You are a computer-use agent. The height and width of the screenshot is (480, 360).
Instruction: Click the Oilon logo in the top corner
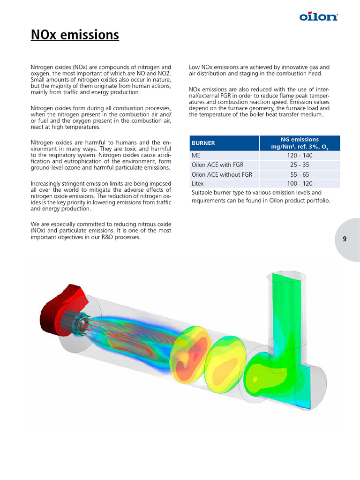319,17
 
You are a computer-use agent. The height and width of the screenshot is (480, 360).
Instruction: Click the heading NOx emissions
75,35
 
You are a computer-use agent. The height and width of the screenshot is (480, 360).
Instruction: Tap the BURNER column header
202,143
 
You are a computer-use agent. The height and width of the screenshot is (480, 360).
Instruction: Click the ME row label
196,155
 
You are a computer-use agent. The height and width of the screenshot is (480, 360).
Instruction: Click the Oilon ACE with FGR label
217,165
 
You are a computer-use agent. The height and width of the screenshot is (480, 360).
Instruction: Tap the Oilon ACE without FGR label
222,174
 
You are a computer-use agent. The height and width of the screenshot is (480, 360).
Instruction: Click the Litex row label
197,183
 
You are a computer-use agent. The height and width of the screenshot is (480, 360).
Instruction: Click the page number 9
345,239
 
